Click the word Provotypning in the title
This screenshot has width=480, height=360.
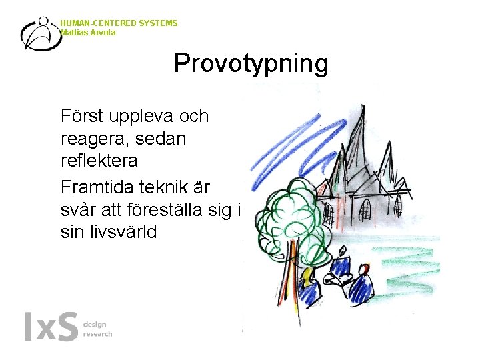point(251,64)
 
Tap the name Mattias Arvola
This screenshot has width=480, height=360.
point(87,32)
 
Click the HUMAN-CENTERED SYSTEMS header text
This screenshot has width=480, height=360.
point(119,23)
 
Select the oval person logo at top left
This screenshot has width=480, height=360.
point(41,33)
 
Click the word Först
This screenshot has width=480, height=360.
point(83,116)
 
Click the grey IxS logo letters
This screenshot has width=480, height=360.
point(51,327)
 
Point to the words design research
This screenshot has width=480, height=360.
point(97,329)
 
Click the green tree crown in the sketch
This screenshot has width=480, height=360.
point(293,213)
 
